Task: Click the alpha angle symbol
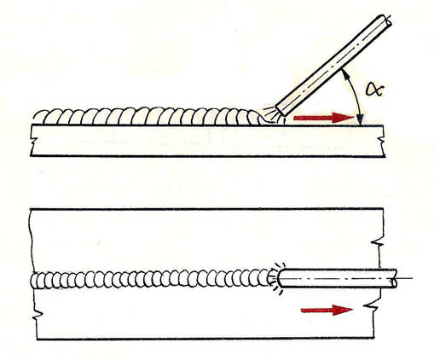[x=375, y=90]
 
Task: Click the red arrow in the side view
[x=324, y=118]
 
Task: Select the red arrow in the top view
[x=327, y=311]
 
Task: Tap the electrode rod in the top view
[x=337, y=278]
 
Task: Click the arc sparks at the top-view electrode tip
[x=275, y=278]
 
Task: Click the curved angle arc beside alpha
[x=356, y=96]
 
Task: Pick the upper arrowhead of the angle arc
[x=344, y=73]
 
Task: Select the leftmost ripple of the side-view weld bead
[x=40, y=117]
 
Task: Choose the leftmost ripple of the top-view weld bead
[x=36, y=281]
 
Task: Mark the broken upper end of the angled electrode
[x=386, y=20]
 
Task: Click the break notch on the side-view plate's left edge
[x=32, y=142]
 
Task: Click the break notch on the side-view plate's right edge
[x=382, y=142]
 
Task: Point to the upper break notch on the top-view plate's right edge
[x=377, y=244]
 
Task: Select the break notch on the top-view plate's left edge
[x=38, y=315]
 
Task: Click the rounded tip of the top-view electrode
[x=279, y=278]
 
